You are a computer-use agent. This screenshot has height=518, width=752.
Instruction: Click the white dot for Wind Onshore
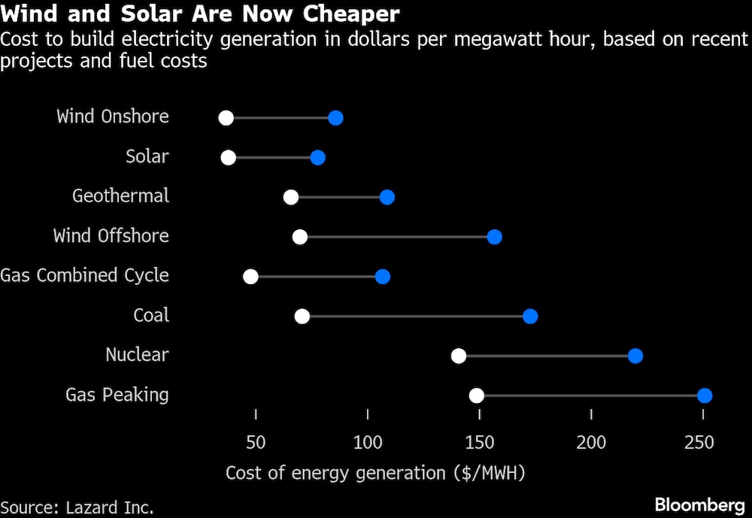(226, 118)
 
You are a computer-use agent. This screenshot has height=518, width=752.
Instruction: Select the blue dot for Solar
(317, 158)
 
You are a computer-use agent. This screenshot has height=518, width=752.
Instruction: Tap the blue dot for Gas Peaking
(705, 395)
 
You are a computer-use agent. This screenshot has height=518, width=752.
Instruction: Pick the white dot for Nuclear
(459, 356)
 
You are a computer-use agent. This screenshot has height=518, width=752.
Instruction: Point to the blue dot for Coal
(530, 316)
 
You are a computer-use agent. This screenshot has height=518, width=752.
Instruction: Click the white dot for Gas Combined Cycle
(250, 277)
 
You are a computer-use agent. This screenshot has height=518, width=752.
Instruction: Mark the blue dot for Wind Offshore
(494, 237)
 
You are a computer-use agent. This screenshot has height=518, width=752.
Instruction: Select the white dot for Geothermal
(291, 197)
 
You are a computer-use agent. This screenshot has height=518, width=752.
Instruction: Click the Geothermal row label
(120, 196)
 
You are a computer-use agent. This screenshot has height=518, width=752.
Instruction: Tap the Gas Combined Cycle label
(84, 275)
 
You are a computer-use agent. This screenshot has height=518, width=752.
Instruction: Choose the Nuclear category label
(137, 355)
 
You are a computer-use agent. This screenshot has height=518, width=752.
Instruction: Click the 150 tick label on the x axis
(479, 441)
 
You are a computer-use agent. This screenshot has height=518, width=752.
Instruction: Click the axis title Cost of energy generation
(375, 473)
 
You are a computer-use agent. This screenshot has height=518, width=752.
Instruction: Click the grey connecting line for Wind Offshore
(397, 237)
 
